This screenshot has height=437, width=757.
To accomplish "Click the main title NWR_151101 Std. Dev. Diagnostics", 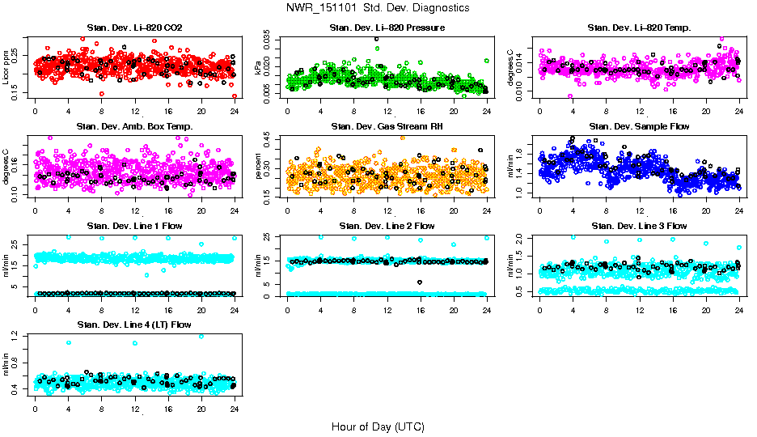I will [x=377, y=8].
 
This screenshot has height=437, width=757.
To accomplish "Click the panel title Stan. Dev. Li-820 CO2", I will [x=134, y=28].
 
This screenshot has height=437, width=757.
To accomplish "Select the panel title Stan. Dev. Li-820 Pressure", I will [x=387, y=28].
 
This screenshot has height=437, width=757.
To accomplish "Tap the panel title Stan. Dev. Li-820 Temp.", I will [x=640, y=28].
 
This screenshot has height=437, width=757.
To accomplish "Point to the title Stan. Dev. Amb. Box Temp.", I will [x=134, y=127].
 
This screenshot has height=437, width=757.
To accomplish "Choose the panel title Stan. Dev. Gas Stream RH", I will [x=387, y=127].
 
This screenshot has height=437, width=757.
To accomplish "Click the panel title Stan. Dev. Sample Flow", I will [x=640, y=127].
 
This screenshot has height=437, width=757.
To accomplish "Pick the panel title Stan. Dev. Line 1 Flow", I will [x=134, y=226].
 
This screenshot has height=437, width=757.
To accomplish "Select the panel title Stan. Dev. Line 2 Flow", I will [x=387, y=226].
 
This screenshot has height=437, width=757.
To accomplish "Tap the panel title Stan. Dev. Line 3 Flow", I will [x=640, y=226].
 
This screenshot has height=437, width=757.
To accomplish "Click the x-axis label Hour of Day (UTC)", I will [x=378, y=426].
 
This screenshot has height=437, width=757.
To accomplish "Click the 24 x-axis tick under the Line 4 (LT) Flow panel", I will [x=235, y=409].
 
